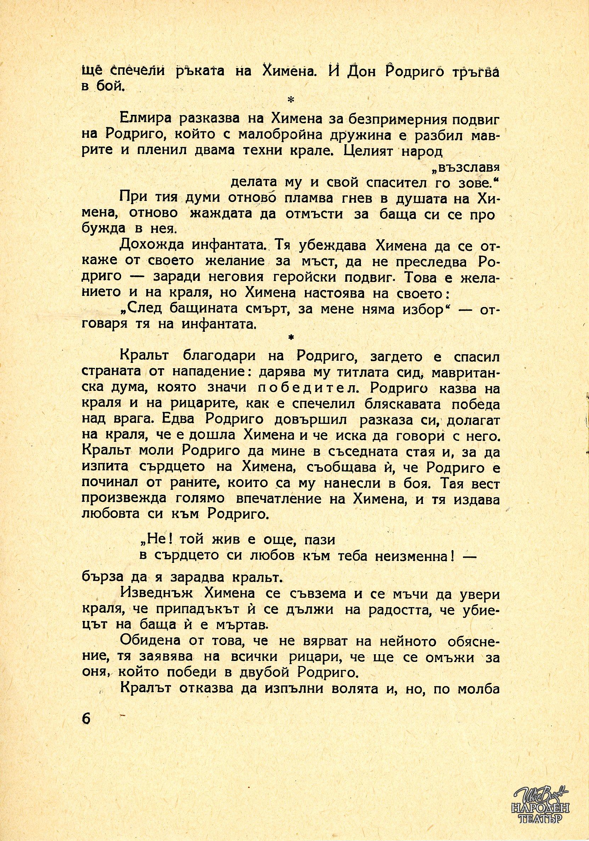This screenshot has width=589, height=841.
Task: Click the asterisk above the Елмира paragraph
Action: click(x=292, y=100)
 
